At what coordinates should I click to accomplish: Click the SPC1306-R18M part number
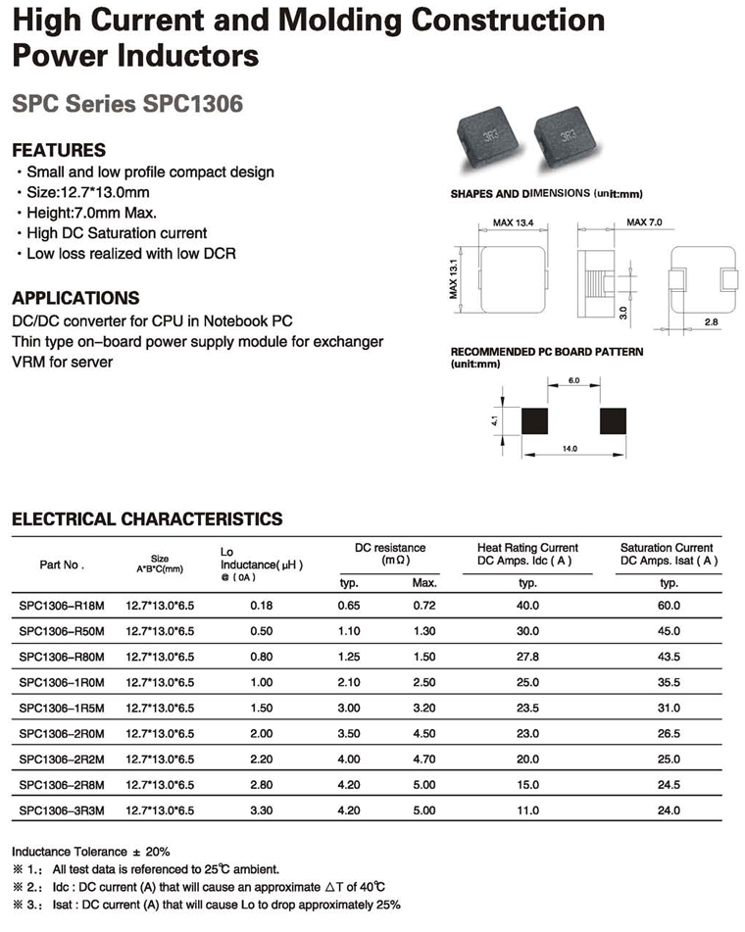[x=61, y=606]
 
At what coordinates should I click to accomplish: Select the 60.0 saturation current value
[x=670, y=606]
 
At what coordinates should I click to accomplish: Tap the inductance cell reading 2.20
[x=261, y=759]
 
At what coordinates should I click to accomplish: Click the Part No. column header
[x=62, y=564]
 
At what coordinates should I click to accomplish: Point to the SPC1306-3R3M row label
[x=61, y=809]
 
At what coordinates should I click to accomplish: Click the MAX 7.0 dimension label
[x=644, y=223]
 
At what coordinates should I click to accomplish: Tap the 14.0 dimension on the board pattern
[x=569, y=449]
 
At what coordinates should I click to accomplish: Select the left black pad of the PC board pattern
[x=535, y=420]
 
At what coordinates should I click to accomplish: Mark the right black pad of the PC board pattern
[x=614, y=420]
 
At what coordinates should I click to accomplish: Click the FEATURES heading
[x=58, y=150]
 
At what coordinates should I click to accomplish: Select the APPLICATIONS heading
[x=74, y=298]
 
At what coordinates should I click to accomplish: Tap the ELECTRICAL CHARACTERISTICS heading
[x=146, y=518]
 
